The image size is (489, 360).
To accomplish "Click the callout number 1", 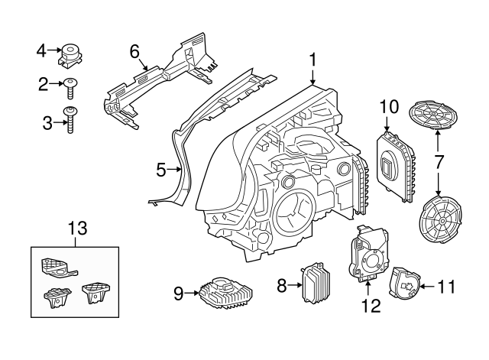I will coord(313,59).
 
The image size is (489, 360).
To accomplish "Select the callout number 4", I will coord(42,50).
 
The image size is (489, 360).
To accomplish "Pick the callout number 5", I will coord(161,169).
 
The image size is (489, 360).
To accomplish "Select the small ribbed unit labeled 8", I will coord(317,285).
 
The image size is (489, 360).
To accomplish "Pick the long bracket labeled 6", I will coord(157,84).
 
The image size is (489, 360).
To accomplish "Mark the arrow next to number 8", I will coord(296,286).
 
